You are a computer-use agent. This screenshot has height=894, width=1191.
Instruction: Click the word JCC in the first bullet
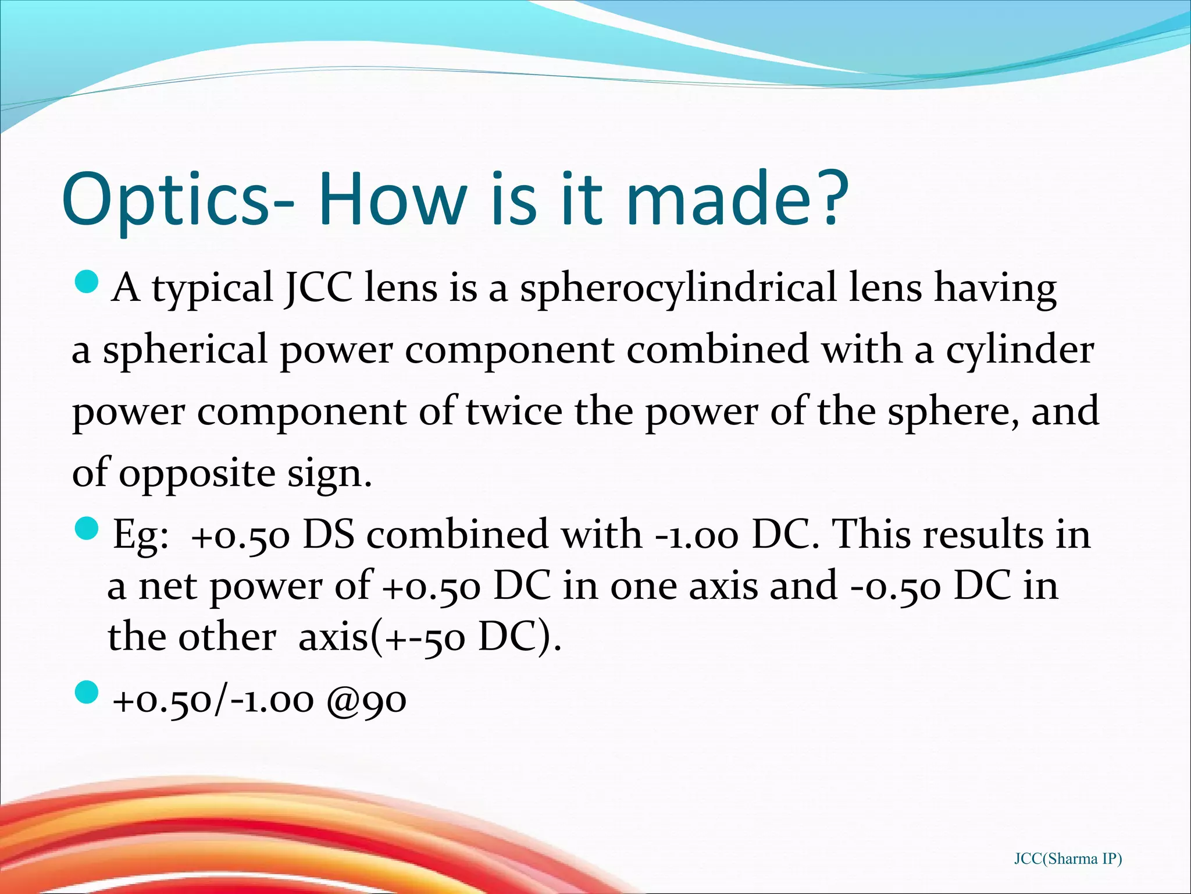(x=319, y=288)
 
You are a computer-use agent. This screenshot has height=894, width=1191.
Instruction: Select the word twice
(x=515, y=411)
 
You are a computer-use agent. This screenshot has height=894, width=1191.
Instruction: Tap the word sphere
(x=953, y=412)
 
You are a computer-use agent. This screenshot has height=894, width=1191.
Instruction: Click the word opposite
(x=197, y=474)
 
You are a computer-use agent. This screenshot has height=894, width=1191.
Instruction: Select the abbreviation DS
(x=329, y=534)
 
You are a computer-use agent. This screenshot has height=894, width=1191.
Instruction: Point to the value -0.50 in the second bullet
(x=896, y=586)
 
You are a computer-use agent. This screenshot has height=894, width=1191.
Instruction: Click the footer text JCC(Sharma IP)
(x=1068, y=858)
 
